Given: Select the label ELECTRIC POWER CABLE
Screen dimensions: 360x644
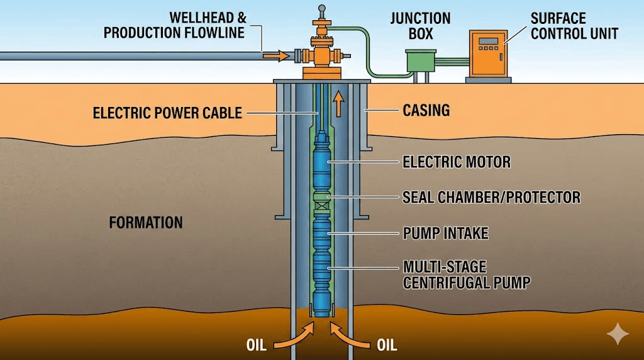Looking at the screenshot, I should [x=167, y=113].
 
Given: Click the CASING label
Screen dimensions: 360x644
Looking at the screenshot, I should [x=426, y=111].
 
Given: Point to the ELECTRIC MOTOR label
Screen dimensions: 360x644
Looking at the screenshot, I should [x=456, y=162].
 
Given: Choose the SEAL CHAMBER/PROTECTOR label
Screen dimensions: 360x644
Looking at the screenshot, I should [x=491, y=198].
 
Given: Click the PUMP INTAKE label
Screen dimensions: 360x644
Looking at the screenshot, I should [x=445, y=233].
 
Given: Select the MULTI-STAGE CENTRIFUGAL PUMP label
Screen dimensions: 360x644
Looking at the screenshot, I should [x=465, y=274].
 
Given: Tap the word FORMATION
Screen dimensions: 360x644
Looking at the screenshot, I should [x=146, y=222].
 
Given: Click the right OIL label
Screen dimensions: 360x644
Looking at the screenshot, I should [x=386, y=345].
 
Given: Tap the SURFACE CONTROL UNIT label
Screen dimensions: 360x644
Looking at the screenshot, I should [x=574, y=25].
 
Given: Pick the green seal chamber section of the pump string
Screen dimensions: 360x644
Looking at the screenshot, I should [x=322, y=200].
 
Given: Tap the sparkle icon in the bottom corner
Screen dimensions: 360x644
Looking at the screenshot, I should [x=618, y=334].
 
